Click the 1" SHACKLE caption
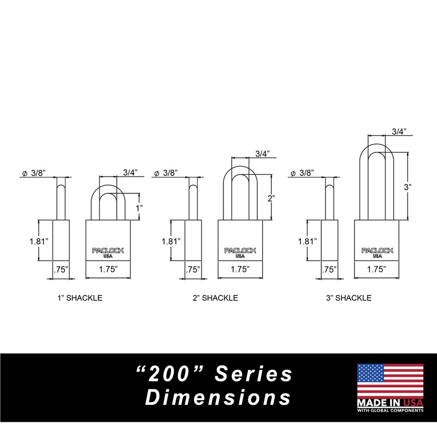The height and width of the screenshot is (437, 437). click(80, 298)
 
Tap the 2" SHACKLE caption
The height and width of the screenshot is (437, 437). click(215, 298)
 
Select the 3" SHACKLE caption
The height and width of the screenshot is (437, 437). click(349, 298)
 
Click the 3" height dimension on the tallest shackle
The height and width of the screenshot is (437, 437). click(408, 187)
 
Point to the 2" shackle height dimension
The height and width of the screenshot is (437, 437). click(271, 198)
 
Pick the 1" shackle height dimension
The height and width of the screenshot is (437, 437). click(139, 208)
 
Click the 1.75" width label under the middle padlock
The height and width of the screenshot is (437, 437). click(240, 269)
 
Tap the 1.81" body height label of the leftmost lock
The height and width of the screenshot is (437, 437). click(39, 241)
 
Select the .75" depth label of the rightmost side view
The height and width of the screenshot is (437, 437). click(329, 269)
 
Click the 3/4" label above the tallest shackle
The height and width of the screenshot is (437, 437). click(399, 132)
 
